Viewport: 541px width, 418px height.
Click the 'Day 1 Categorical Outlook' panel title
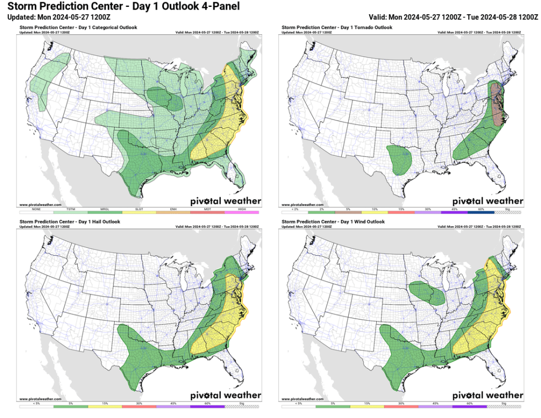(x=78, y=27)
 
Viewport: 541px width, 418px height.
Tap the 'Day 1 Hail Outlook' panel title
(x=70, y=222)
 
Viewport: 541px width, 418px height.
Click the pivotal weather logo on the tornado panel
(x=488, y=201)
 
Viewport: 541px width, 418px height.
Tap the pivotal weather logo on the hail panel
(x=226, y=395)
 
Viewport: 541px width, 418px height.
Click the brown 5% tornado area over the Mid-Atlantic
(x=497, y=103)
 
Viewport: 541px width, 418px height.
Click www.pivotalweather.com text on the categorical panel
(x=41, y=205)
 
